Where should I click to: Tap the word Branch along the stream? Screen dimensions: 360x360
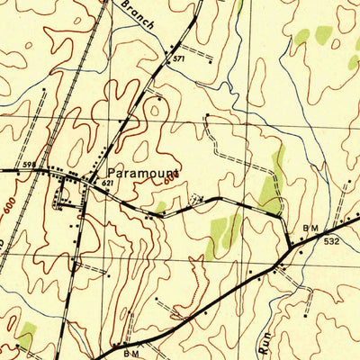tap(136, 15)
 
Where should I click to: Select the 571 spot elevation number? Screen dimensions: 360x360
tap(179, 58)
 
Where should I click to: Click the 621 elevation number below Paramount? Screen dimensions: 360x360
tap(108, 184)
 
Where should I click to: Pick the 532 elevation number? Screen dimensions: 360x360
tap(332, 241)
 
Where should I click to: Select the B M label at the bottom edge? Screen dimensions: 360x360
tap(131, 354)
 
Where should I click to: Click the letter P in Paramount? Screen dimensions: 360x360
tap(111, 171)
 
